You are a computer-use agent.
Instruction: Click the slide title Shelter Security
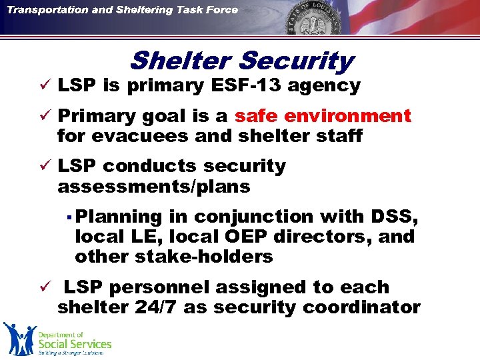241,61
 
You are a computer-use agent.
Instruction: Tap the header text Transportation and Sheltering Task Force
123,9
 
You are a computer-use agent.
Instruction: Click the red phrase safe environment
323,116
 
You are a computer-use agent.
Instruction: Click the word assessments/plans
154,187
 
